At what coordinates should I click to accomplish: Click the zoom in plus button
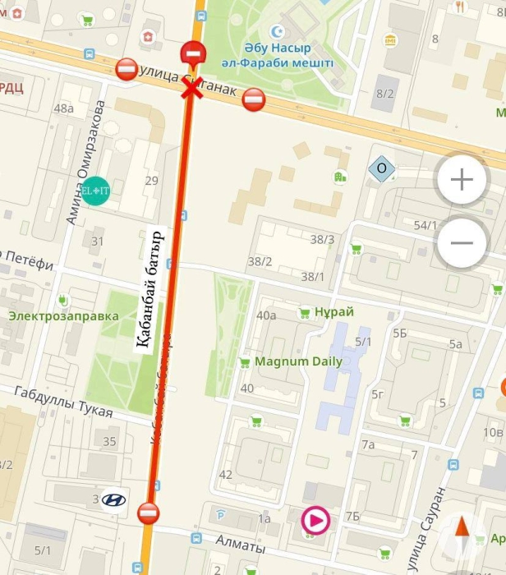coord(462,179)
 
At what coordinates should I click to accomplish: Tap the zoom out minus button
coord(462,242)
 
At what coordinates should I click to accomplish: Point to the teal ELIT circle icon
coord(95,191)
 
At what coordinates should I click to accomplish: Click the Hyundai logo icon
coord(113,499)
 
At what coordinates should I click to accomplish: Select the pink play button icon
coord(316,520)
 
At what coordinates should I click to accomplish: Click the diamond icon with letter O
coord(381,169)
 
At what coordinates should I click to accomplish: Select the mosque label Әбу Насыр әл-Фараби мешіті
coord(288,56)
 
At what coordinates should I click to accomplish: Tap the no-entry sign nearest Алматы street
coord(148,513)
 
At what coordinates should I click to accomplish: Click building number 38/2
coord(260,261)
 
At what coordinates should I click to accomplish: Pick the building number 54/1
coord(425,225)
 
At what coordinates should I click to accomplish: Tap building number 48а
coord(63,108)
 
